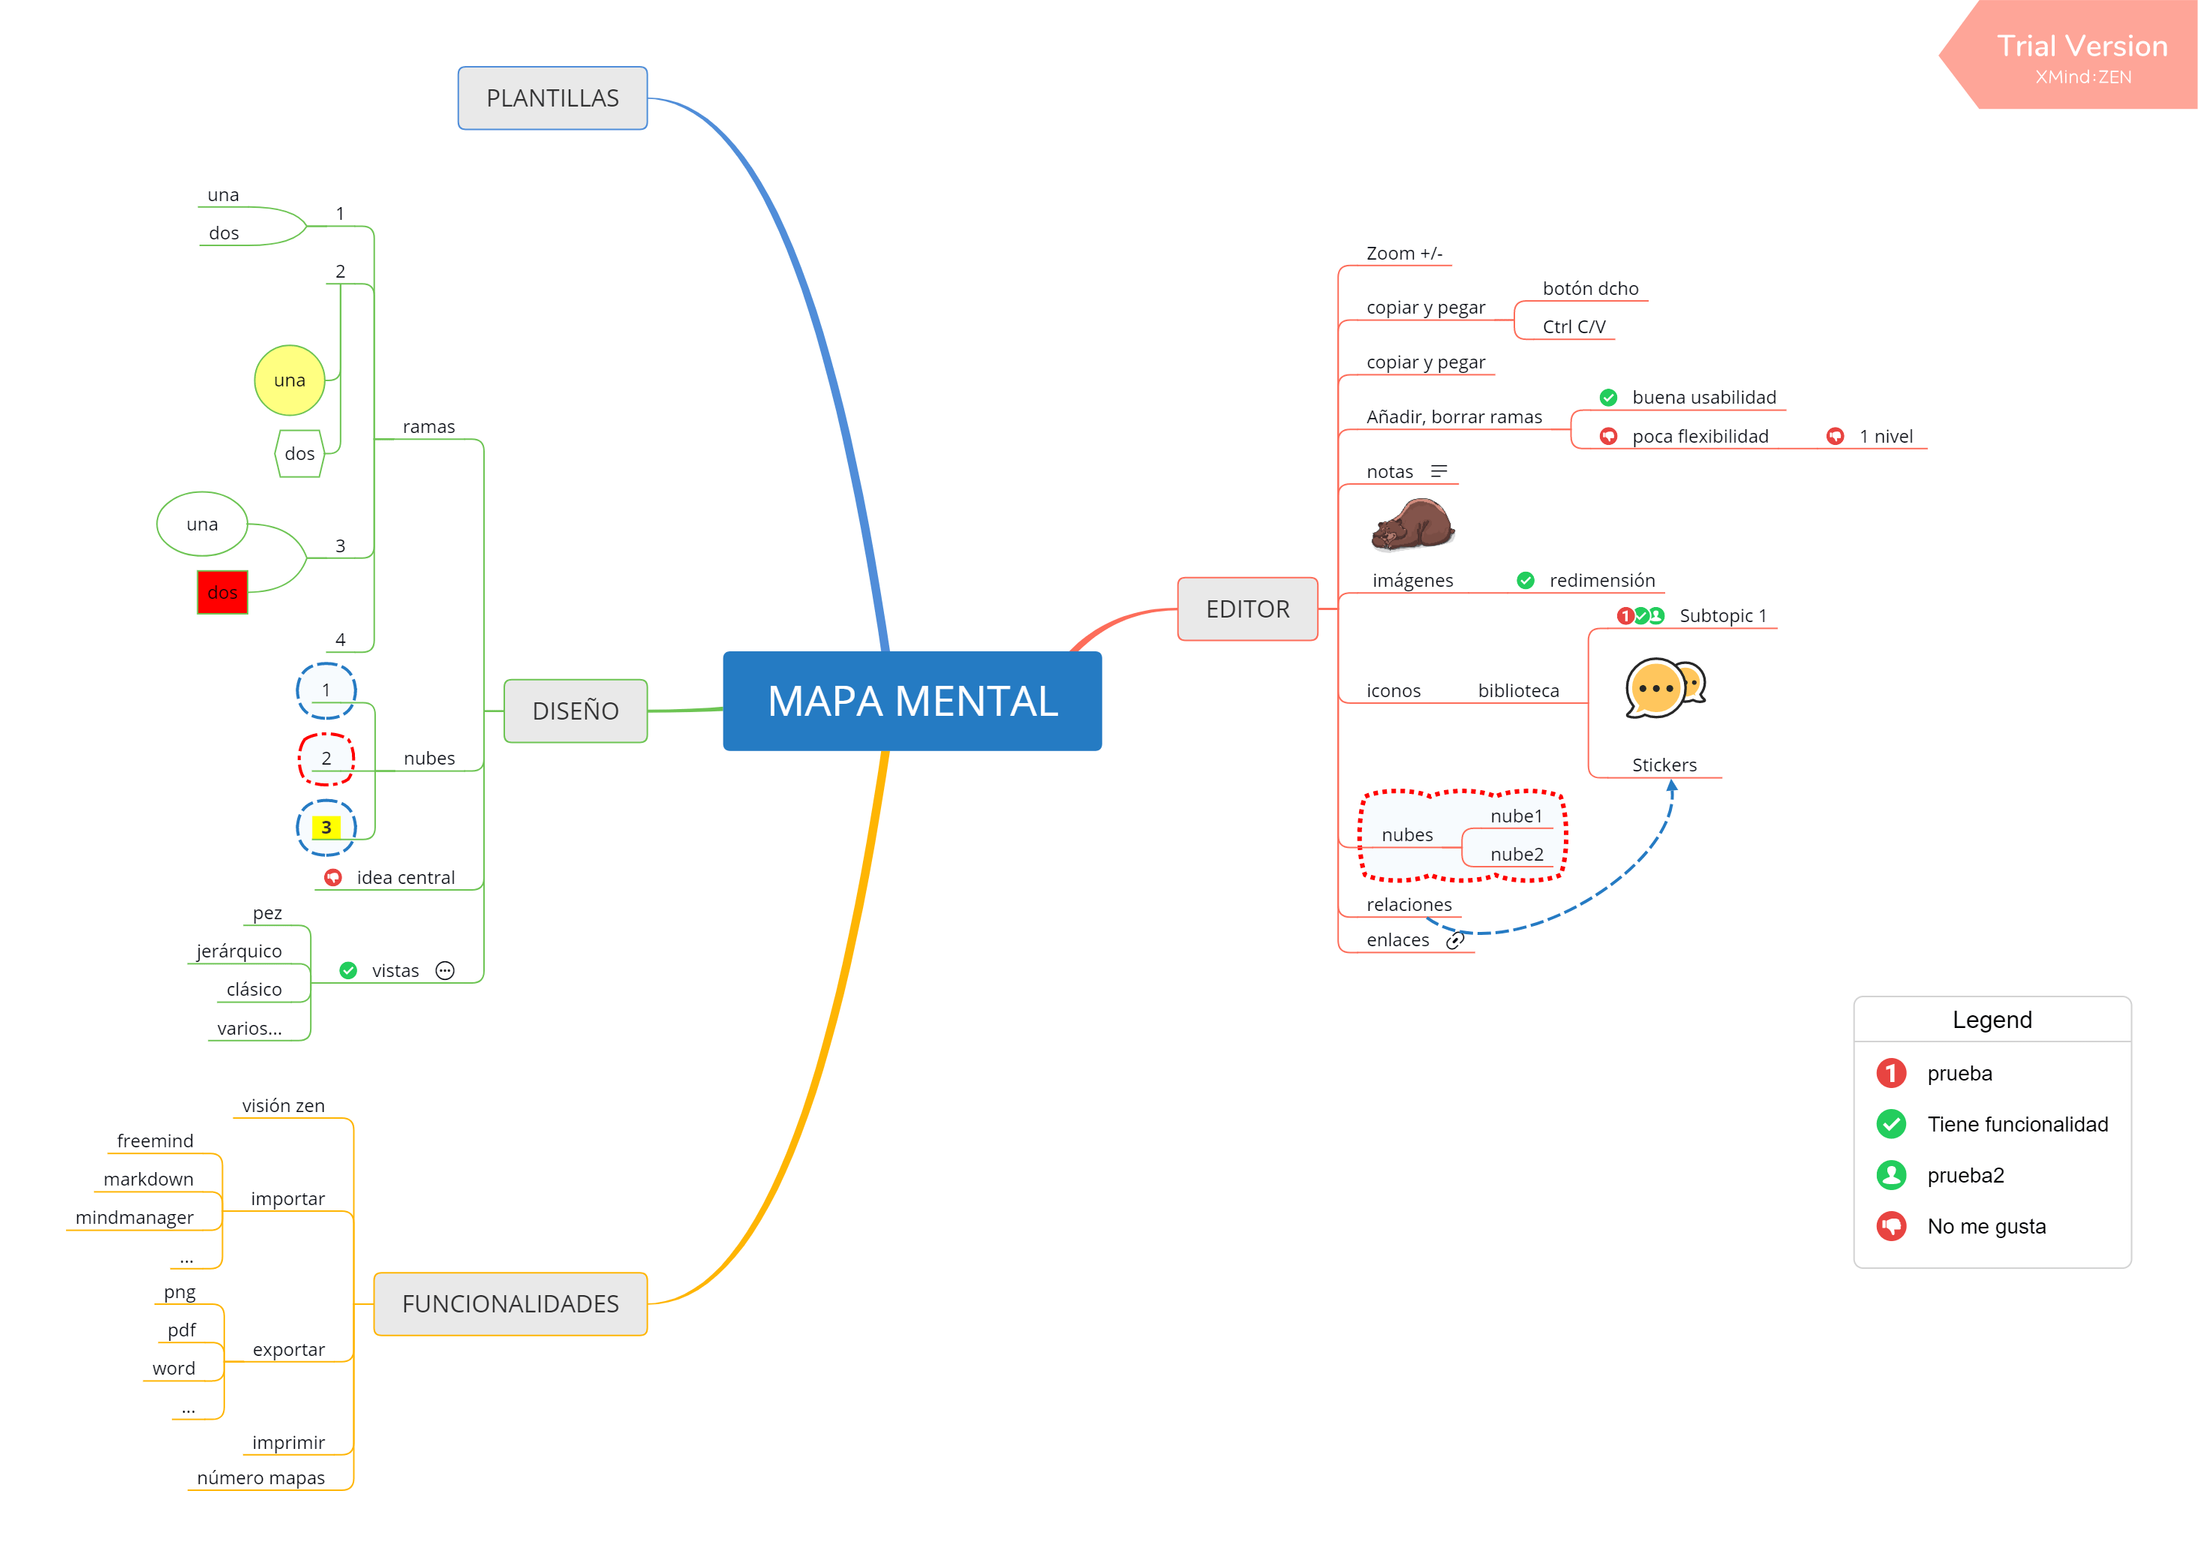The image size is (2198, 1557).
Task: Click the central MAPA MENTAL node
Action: tap(912, 701)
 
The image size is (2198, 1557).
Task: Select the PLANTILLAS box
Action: tap(552, 98)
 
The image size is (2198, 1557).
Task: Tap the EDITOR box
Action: tap(1247, 609)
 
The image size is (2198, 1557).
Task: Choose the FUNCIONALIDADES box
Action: tap(510, 1304)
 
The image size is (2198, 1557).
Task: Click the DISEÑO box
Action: tap(575, 711)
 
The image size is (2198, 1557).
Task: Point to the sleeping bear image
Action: tap(1412, 525)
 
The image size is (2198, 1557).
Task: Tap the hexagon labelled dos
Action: tap(300, 453)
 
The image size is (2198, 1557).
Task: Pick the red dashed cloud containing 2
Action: tap(326, 759)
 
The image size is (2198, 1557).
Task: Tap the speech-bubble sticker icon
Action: tap(1665, 688)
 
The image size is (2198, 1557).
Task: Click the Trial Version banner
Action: tap(2080, 56)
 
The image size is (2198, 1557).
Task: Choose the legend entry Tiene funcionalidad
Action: tap(2017, 1123)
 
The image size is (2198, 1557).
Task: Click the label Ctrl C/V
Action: tap(1573, 327)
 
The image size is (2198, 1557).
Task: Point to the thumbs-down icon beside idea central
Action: tap(332, 877)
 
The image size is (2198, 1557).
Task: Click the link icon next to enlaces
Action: tap(1454, 940)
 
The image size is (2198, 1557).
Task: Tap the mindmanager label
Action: tap(134, 1218)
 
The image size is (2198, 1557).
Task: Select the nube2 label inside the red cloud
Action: tap(1517, 854)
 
